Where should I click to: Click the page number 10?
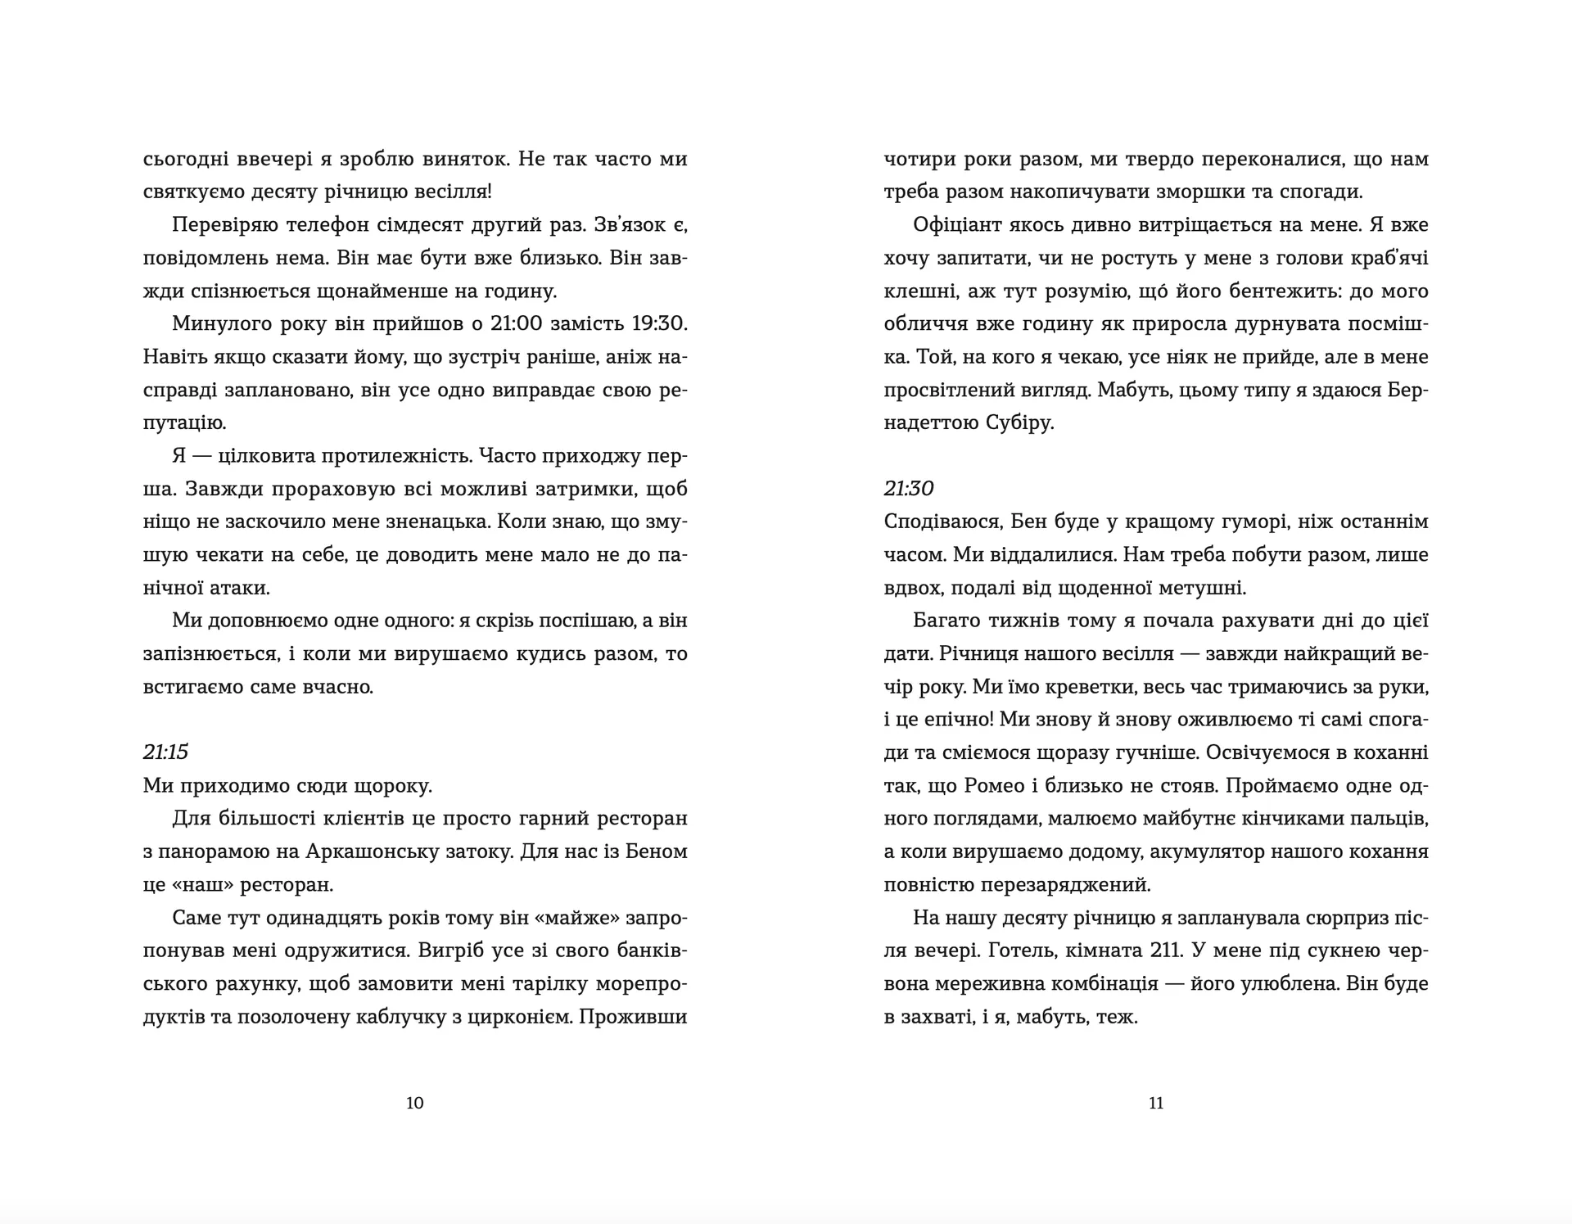click(x=415, y=1103)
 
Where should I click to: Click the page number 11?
click(x=1156, y=1103)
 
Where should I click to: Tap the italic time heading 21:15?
click(x=165, y=752)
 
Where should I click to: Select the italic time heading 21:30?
click(x=909, y=489)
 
